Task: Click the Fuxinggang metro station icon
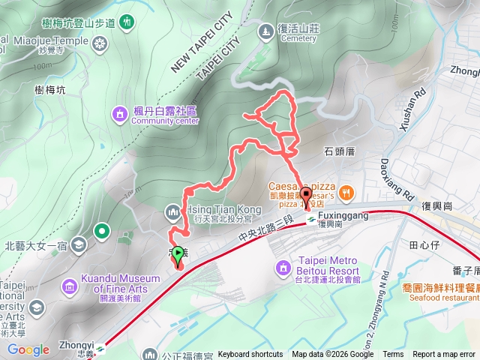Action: [x=310, y=219]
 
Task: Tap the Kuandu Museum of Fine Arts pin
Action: [x=70, y=285]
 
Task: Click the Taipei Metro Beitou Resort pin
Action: [x=283, y=267]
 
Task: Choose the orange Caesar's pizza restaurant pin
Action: [x=346, y=193]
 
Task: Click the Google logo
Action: [x=28, y=349]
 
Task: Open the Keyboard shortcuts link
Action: [x=250, y=355]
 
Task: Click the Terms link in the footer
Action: [x=393, y=355]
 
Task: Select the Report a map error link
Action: [x=443, y=355]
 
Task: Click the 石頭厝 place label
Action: [x=340, y=151]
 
